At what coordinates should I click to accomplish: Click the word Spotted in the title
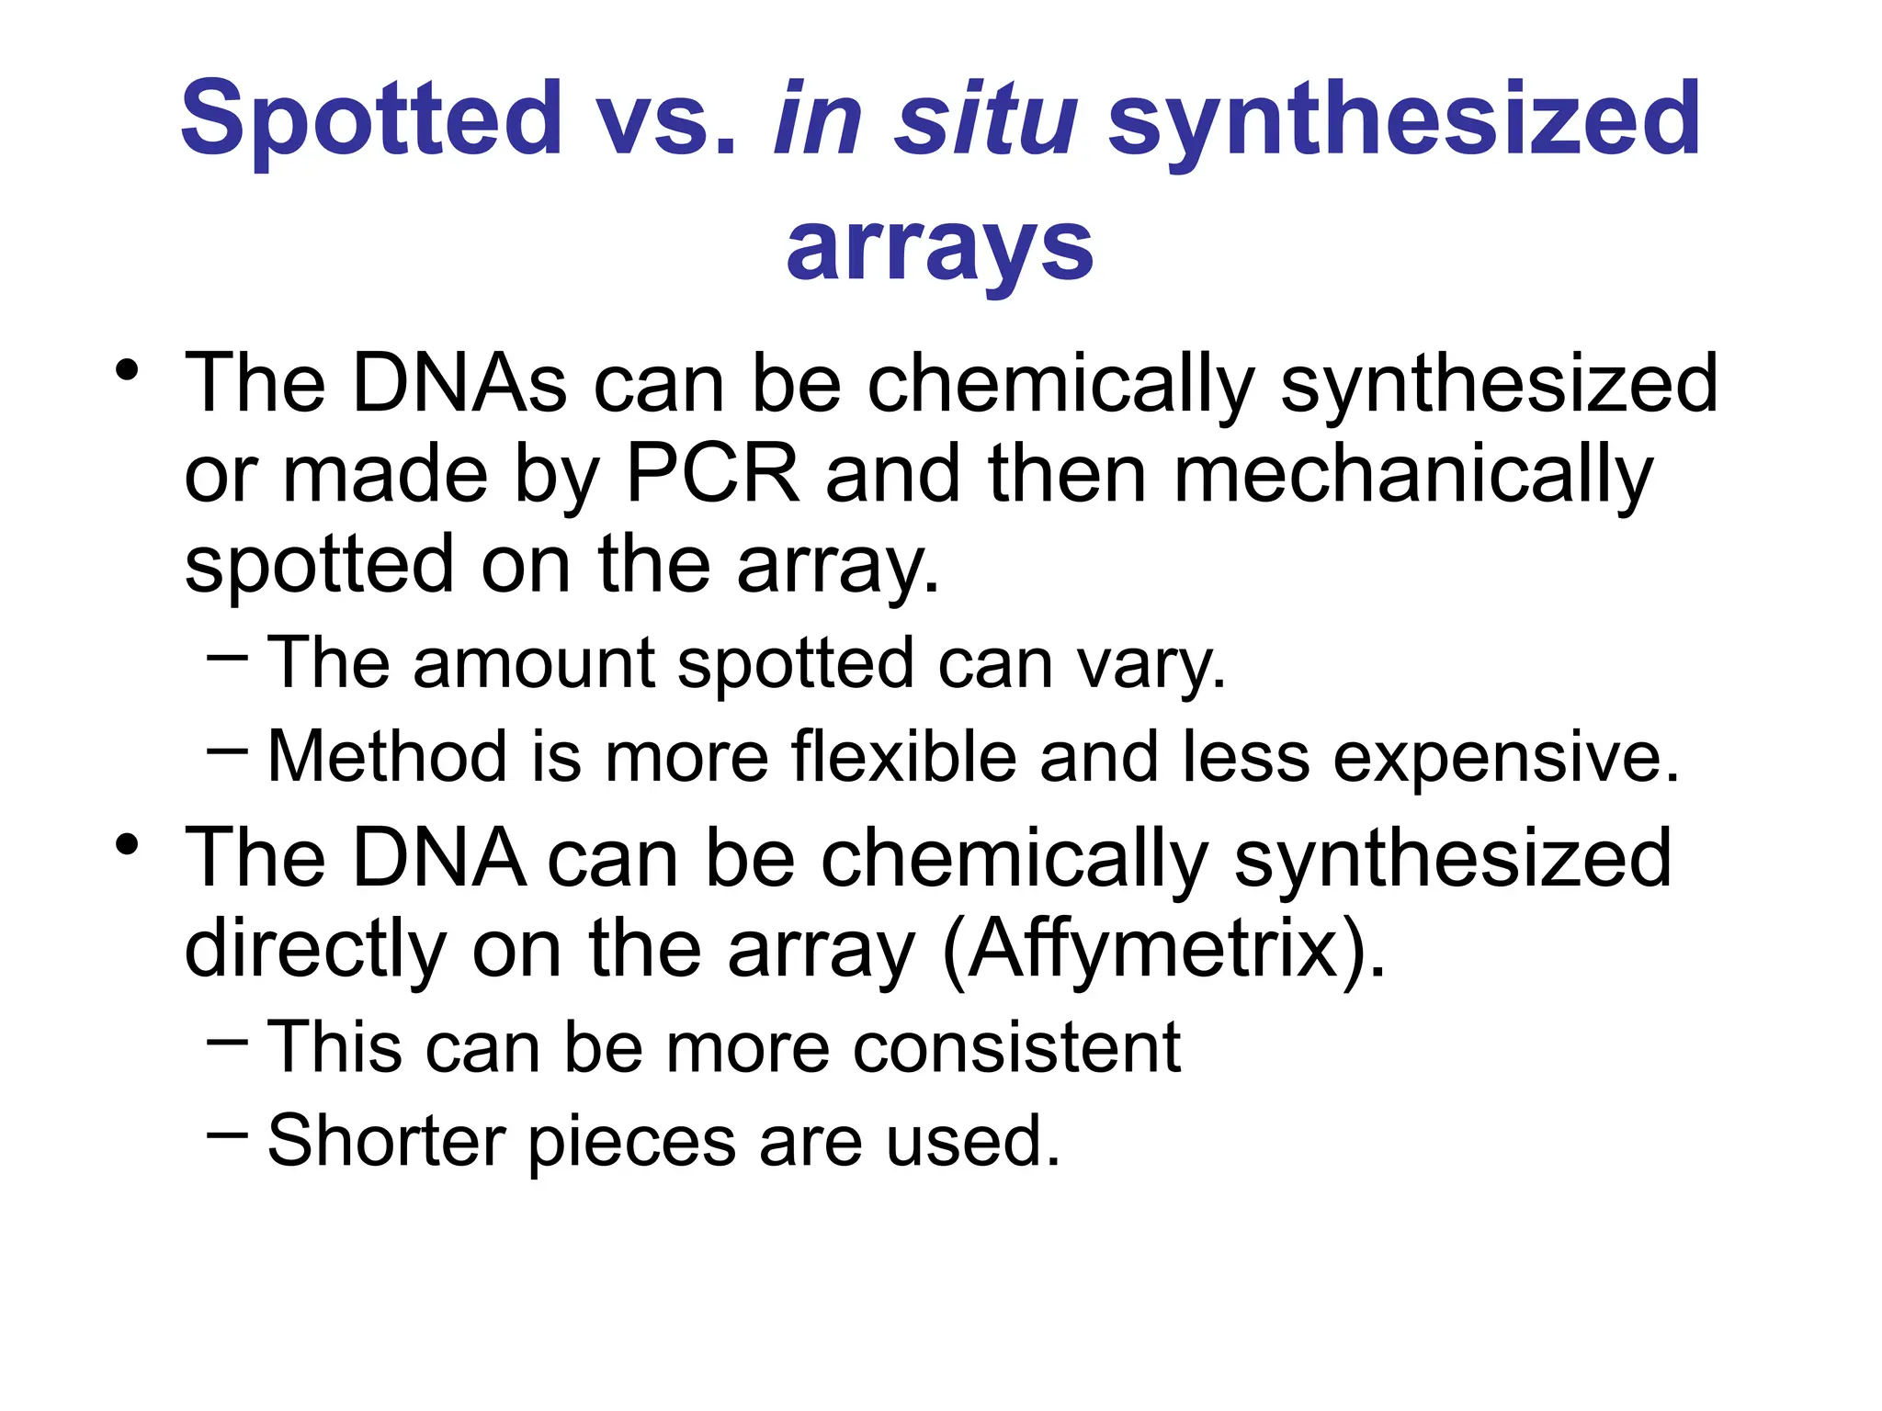[x=371, y=119]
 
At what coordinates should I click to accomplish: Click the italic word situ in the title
[x=987, y=119]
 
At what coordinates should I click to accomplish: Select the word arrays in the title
[x=940, y=248]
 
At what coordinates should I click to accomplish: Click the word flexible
[x=903, y=757]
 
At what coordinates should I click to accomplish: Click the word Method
[x=387, y=757]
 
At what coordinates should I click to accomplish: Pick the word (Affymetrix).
[x=1163, y=950]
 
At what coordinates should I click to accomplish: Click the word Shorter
[x=386, y=1141]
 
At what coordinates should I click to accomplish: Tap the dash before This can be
[x=227, y=1042]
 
